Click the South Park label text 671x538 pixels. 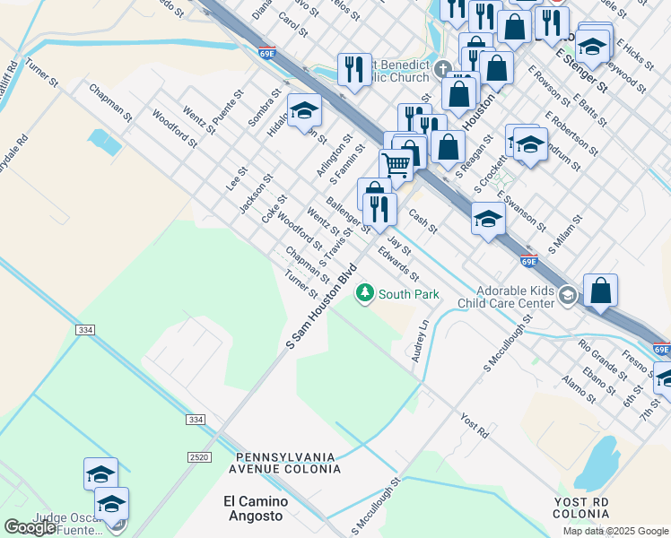tap(408, 293)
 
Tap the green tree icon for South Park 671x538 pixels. tap(364, 292)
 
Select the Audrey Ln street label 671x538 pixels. tap(420, 338)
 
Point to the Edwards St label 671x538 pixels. tap(399, 263)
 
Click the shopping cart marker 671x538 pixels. tap(396, 165)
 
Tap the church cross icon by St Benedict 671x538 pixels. tap(441, 69)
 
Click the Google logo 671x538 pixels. tap(30, 527)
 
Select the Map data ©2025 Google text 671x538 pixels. tap(614, 531)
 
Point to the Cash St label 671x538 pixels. tap(422, 221)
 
